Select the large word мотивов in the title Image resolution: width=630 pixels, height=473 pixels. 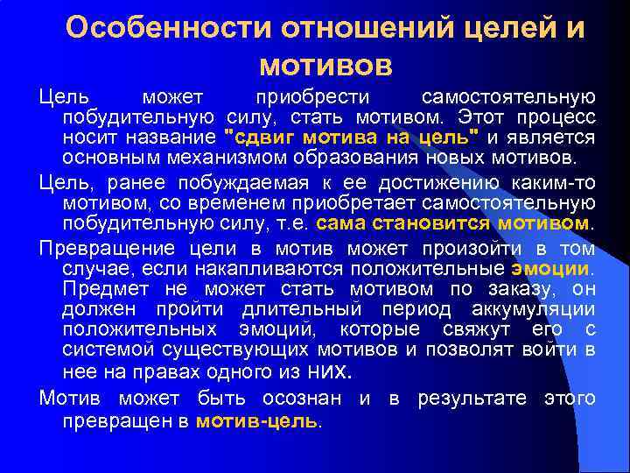pos(325,65)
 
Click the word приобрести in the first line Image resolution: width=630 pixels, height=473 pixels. pos(312,96)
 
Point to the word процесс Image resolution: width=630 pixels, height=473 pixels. pos(560,117)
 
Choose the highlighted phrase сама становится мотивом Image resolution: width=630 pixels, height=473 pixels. pos(452,224)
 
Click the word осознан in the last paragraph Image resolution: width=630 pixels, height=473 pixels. pos(311,399)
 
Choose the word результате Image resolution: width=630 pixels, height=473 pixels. pos(472,399)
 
